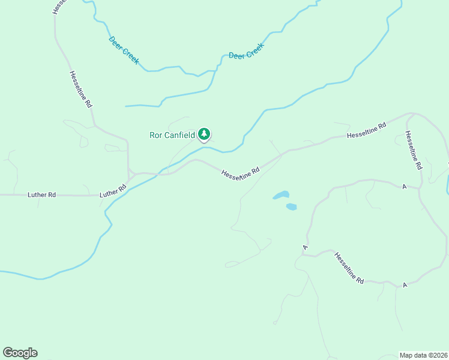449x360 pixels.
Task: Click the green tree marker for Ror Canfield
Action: coord(205,134)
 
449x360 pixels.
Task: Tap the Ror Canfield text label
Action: coord(172,135)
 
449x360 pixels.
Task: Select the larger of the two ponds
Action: coord(281,195)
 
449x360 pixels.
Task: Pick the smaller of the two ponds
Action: coord(291,206)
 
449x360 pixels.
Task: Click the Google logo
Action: coord(20,353)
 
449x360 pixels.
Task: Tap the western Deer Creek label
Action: coord(124,50)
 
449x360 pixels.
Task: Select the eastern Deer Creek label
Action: coord(246,51)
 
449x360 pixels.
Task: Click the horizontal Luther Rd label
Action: coord(41,195)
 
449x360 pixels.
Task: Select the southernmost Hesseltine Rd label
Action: coord(349,268)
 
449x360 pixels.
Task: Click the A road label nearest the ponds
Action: coord(306,247)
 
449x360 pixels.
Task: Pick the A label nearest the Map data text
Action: coord(405,284)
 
